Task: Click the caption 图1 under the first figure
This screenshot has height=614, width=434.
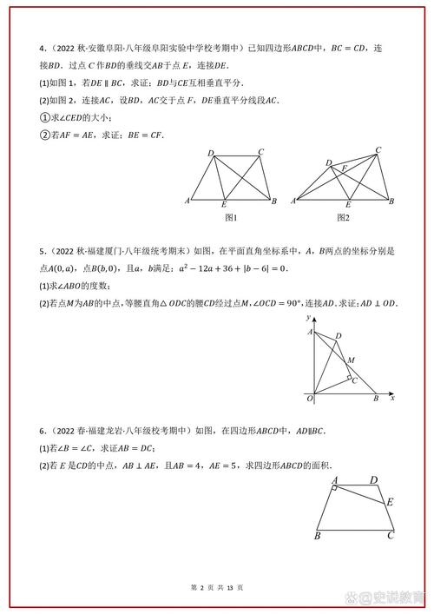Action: [231, 217]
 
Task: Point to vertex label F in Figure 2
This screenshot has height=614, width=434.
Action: [345, 168]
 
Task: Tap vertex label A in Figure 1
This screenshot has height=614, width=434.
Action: [188, 201]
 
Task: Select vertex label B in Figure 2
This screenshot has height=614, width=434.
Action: [391, 201]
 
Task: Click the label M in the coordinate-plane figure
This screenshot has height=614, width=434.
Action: [350, 359]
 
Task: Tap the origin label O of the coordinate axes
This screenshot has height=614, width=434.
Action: [309, 398]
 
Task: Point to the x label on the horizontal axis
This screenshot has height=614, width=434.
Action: [392, 398]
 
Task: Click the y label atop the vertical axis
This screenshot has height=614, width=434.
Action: [308, 319]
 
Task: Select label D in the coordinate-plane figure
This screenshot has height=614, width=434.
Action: [339, 335]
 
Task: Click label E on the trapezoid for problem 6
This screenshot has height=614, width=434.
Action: [391, 502]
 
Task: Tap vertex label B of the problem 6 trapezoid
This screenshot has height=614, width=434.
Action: [318, 536]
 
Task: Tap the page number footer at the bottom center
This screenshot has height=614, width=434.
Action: [217, 588]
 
